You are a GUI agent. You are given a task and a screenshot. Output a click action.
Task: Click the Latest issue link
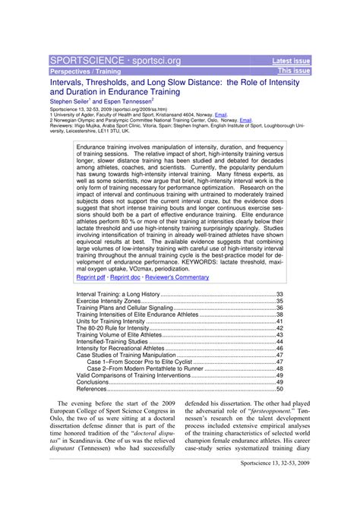click(291, 60)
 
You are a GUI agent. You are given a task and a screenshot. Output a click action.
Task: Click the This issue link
click(295, 71)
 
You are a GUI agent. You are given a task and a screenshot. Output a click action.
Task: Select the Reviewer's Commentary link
click(181, 277)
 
